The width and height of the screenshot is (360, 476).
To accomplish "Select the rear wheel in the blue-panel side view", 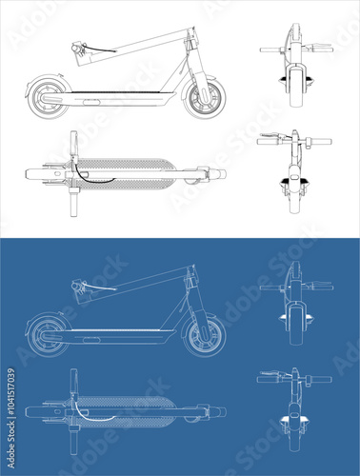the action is click(45, 334).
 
